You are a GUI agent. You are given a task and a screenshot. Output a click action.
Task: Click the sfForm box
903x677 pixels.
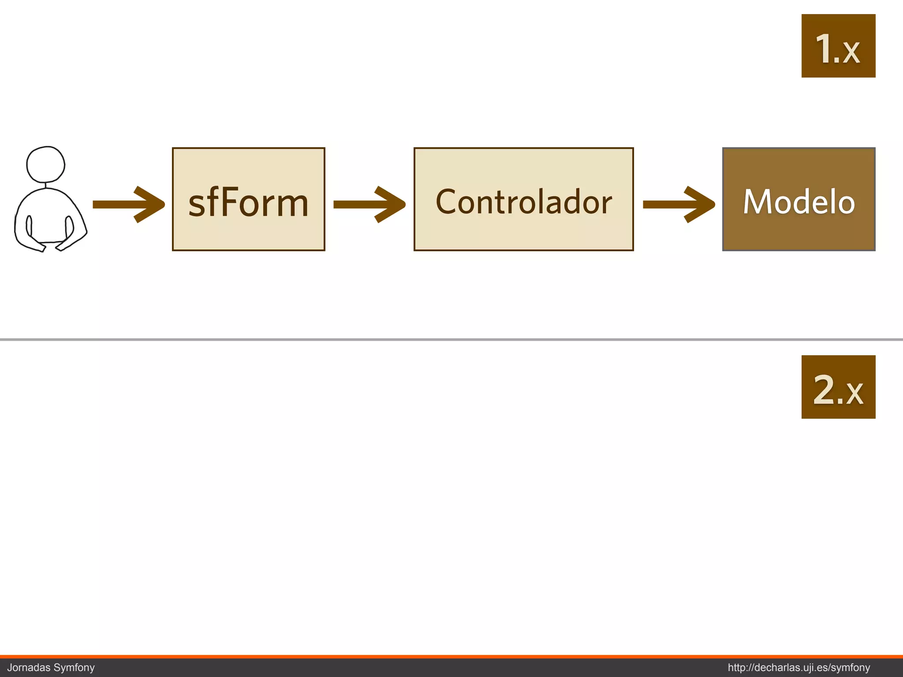(x=248, y=199)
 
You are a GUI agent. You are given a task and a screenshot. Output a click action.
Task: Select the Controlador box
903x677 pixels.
(x=523, y=199)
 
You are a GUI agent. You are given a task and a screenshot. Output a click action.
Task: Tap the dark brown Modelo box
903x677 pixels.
(x=799, y=199)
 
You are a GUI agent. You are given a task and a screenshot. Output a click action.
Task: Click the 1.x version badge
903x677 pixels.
(x=838, y=46)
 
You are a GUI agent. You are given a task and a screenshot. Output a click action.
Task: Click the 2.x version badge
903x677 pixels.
(x=838, y=387)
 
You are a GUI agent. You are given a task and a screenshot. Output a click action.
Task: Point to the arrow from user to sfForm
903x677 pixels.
(x=128, y=205)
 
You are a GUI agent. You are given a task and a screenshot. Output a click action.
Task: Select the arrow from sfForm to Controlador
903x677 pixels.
(x=369, y=205)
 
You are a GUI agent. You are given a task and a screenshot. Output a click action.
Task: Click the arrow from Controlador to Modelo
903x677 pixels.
(x=678, y=205)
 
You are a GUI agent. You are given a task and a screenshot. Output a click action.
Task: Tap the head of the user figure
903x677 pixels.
(x=45, y=164)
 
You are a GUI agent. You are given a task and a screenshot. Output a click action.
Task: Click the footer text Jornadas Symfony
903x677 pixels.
(x=51, y=668)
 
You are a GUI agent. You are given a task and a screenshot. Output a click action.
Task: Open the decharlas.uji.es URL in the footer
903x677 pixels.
(x=799, y=668)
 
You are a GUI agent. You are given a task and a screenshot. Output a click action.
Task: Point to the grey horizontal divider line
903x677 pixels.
(x=451, y=339)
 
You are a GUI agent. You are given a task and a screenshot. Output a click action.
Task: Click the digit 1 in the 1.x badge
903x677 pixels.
(x=823, y=48)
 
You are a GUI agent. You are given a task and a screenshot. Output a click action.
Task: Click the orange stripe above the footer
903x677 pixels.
(x=451, y=657)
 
